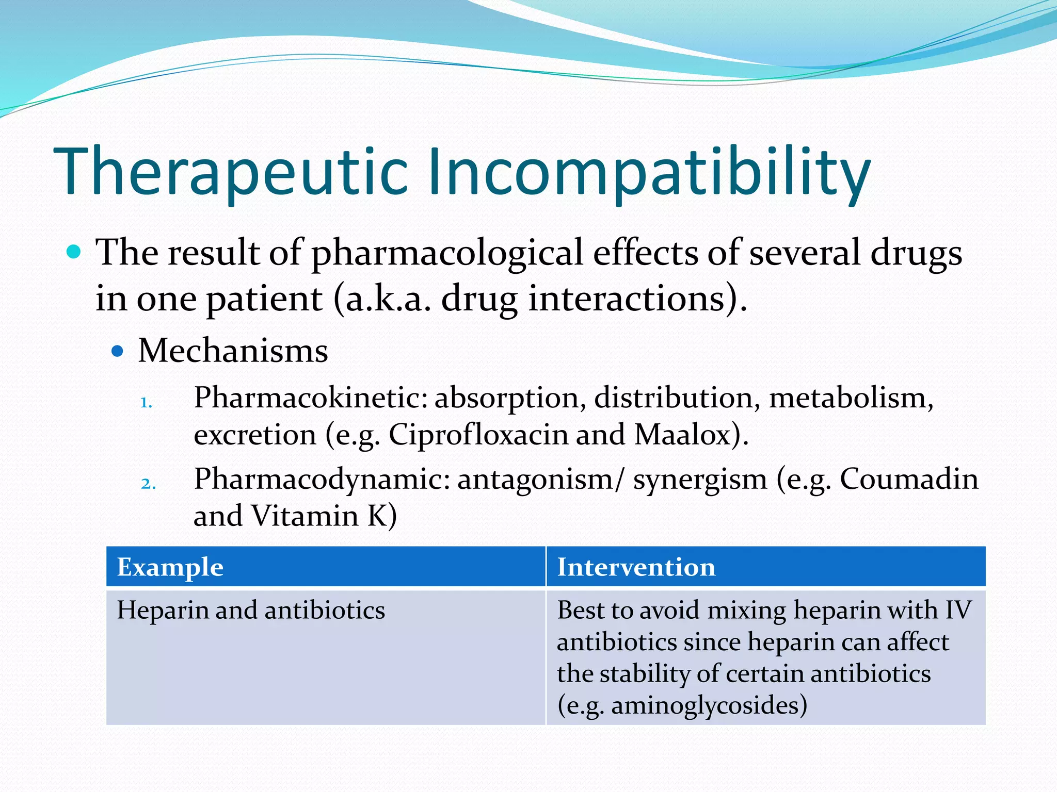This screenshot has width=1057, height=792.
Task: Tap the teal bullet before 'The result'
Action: (74, 252)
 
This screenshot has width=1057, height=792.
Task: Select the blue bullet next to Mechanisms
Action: (118, 352)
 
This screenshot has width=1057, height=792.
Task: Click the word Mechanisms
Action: (233, 351)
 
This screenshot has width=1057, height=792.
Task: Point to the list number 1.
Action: (146, 402)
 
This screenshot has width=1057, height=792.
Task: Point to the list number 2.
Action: (148, 484)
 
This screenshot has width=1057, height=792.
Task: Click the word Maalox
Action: (682, 435)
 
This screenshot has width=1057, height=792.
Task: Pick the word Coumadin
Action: (908, 479)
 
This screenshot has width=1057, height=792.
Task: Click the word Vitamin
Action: (305, 516)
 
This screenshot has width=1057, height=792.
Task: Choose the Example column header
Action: (170, 567)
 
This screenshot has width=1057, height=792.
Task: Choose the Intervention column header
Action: (636, 567)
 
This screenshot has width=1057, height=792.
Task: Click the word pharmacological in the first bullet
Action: (447, 253)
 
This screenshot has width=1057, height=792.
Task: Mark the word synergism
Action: (700, 479)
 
